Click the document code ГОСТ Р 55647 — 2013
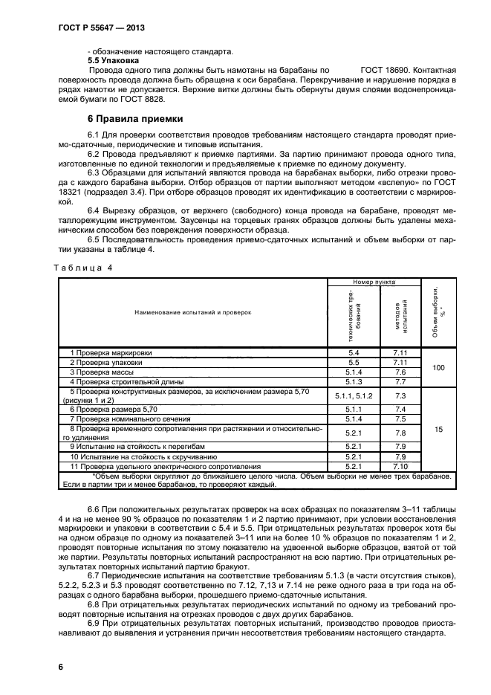pyautogui.click(x=97, y=28)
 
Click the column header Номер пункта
pyautogui.click(x=374, y=282)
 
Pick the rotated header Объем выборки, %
pyautogui.click(x=438, y=312)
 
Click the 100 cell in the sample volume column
pyautogui.click(x=438, y=367)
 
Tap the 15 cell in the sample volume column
pyautogui.click(x=438, y=429)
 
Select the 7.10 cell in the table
pyautogui.click(x=400, y=466)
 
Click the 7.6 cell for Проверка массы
pyautogui.click(x=400, y=372)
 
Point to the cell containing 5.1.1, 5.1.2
pyautogui.click(x=353, y=396)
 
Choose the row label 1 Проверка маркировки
pyautogui.click(x=105, y=352)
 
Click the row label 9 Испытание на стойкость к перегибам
pyautogui.click(x=126, y=447)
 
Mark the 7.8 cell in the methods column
pyautogui.click(x=400, y=433)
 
